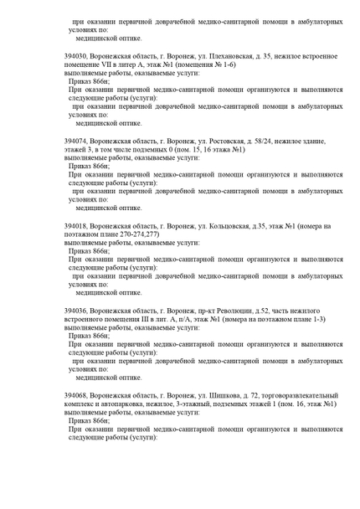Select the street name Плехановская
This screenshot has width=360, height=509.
tap(229, 56)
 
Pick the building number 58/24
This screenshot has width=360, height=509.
tap(270, 141)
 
